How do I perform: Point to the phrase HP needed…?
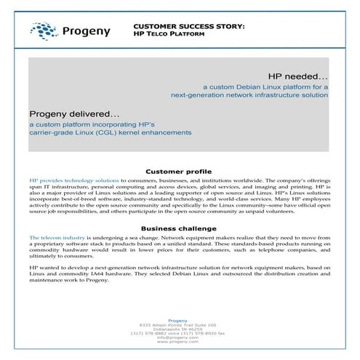coord(298,76)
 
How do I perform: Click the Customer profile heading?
coord(180,170)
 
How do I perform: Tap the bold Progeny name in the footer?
coord(180,320)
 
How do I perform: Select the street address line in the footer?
coord(180,324)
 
